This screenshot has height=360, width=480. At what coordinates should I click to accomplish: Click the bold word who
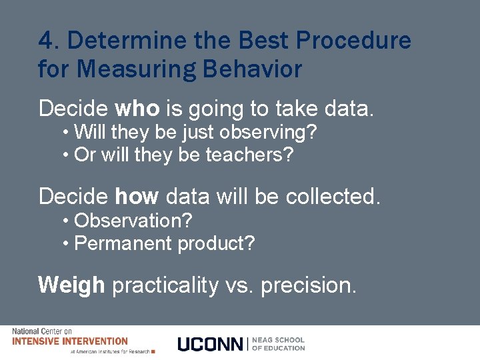point(137,108)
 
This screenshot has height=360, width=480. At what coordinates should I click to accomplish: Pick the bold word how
point(137,197)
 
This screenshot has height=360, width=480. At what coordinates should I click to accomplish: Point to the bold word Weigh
point(72,285)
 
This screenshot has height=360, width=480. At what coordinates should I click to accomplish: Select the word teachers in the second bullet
point(249,155)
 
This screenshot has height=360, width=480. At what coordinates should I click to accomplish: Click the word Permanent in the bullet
point(123,243)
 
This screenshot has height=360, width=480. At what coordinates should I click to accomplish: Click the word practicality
point(165,285)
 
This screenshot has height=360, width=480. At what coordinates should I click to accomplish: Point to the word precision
point(309,285)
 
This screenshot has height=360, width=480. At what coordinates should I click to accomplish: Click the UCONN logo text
point(211,344)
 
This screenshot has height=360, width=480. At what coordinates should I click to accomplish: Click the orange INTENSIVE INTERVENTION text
point(70,341)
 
